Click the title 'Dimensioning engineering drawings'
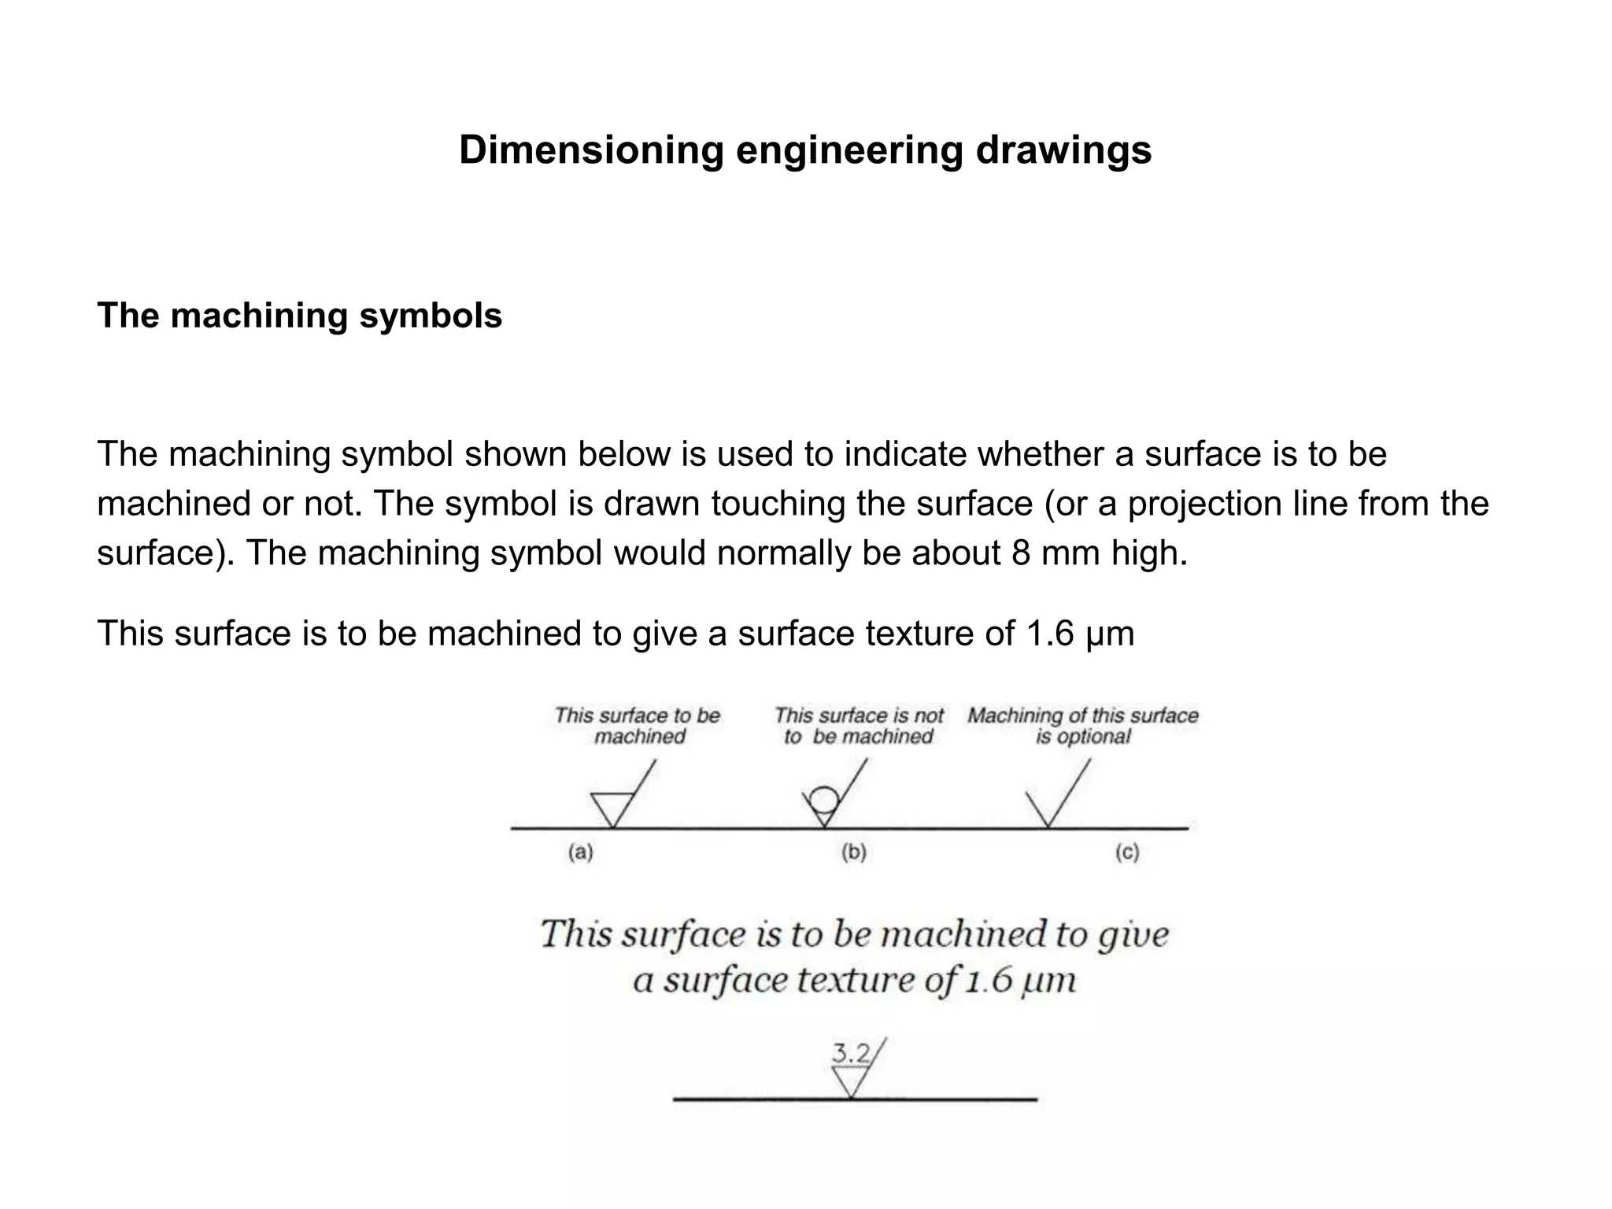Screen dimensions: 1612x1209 coord(805,150)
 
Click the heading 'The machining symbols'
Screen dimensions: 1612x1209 coord(299,316)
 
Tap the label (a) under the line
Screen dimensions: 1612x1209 coord(580,852)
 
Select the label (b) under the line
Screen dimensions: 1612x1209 coord(853,852)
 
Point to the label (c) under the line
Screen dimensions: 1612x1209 coord(1127,852)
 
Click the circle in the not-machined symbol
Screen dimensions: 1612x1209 coord(823,800)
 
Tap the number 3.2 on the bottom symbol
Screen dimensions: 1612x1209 coord(851,1052)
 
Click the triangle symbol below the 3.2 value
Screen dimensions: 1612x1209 coord(850,1081)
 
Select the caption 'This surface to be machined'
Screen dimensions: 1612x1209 coord(638,726)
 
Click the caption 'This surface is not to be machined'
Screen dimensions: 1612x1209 coord(859,726)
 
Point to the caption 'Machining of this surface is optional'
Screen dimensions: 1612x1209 coord(1083,726)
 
